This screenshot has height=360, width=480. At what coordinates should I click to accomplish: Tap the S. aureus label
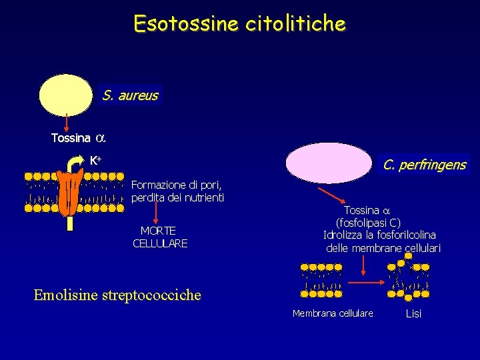point(130,95)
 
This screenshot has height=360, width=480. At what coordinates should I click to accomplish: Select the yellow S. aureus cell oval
point(65,95)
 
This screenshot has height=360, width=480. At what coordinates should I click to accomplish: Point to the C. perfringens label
point(424,164)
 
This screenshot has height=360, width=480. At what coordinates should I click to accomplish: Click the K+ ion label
point(95,160)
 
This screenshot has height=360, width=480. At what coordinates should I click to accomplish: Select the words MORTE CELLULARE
point(159,237)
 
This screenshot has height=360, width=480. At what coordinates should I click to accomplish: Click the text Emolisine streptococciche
point(117,295)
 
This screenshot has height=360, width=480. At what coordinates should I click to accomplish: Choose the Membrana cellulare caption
point(333,313)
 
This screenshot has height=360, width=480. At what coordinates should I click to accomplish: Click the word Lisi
point(413,313)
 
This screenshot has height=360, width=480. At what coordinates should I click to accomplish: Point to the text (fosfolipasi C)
point(368,223)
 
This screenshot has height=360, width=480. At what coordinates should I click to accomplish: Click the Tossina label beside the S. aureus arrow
point(71,138)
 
